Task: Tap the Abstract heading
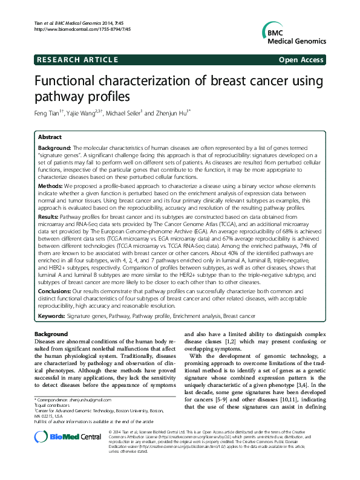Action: tap(50, 137)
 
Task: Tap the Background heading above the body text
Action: tap(51, 334)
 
